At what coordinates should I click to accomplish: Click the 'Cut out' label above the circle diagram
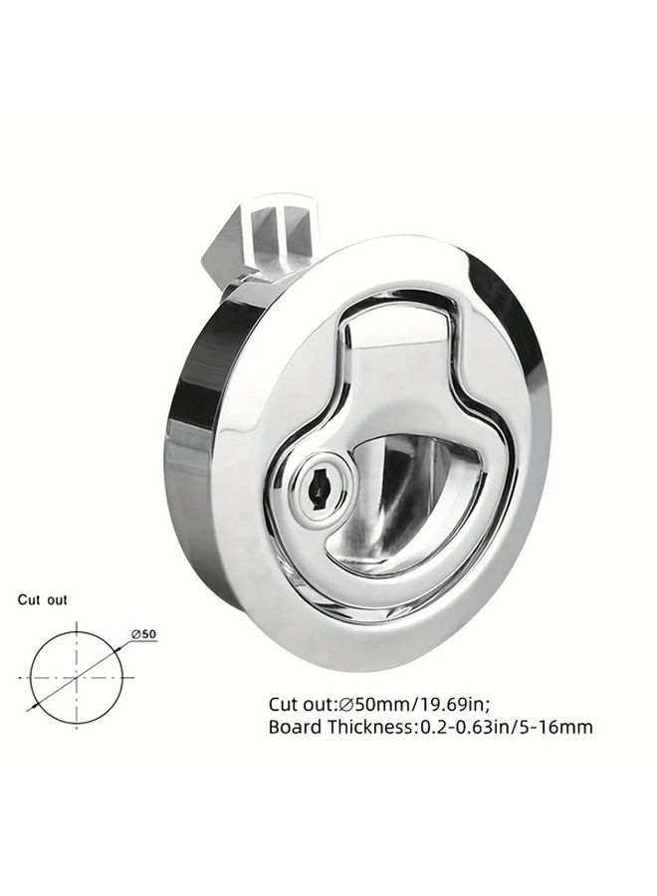pos(42,600)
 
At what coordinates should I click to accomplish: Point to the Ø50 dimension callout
pos(143,634)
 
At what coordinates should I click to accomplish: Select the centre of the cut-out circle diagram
pos(77,678)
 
